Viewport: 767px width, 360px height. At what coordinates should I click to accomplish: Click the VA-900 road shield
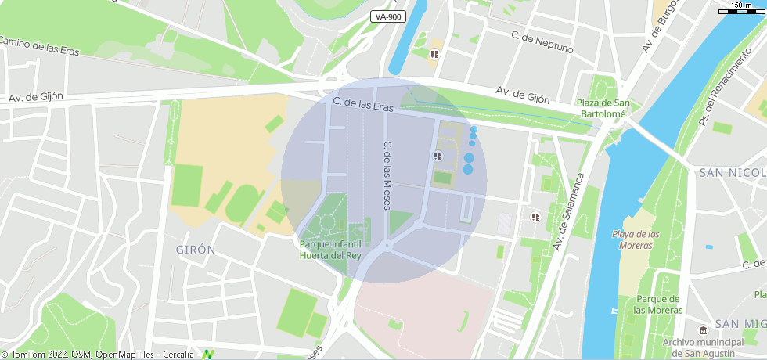387,16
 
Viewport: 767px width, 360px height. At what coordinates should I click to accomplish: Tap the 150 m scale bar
740,7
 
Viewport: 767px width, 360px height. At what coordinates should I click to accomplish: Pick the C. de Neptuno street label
542,41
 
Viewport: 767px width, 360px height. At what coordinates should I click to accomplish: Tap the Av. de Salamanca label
570,211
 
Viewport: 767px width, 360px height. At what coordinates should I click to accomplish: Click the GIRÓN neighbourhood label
196,250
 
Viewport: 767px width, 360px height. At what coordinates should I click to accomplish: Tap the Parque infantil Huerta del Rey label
330,250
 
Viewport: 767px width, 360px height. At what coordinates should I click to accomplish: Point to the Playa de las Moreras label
635,239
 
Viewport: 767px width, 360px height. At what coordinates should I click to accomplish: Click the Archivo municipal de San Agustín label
702,347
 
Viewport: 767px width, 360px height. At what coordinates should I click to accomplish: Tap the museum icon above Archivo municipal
702,327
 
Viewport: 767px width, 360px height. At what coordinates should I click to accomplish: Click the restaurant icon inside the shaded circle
437,156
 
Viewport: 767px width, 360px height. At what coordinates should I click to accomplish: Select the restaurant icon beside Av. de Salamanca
535,217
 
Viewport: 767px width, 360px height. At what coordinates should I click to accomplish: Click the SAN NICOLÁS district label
733,172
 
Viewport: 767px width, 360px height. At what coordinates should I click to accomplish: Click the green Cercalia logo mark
208,355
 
